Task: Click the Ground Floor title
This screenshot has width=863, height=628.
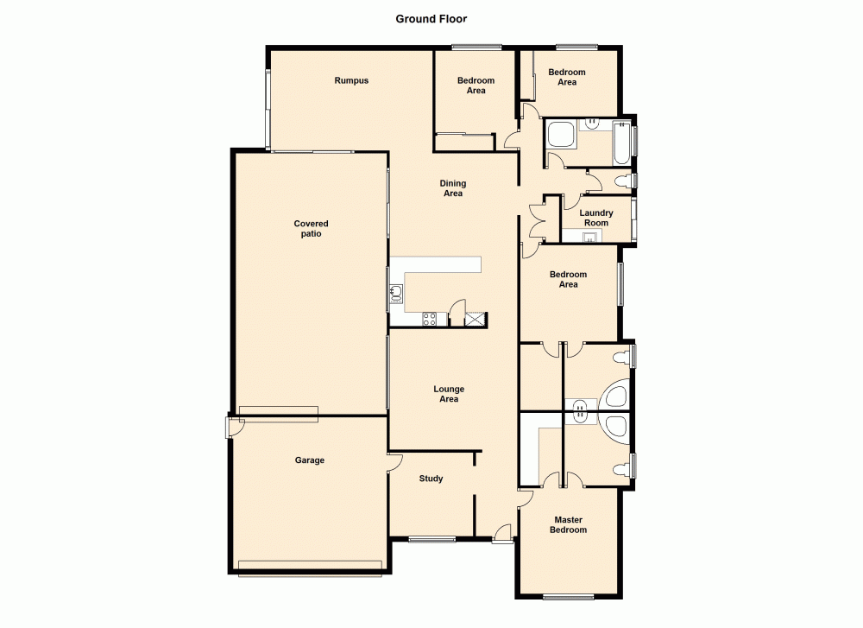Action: tap(431, 18)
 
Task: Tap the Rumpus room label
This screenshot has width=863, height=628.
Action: tap(351, 81)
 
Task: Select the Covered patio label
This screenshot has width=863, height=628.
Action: tap(311, 229)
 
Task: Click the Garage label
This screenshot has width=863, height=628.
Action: tap(310, 460)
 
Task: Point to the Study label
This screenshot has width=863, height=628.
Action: tap(431, 479)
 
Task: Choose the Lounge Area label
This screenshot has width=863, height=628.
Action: tap(449, 394)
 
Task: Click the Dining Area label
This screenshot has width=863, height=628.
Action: tap(453, 188)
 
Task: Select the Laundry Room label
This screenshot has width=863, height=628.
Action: tap(596, 218)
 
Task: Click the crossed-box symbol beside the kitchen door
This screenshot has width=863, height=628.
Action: tap(476, 320)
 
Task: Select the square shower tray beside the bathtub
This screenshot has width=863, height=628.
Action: tap(561, 136)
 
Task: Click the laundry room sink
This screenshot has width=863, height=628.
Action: tap(590, 236)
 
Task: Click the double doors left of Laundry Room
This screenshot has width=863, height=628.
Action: tap(537, 217)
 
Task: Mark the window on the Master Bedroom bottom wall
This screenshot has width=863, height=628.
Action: tap(568, 596)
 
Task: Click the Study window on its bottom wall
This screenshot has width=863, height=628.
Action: tap(431, 539)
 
